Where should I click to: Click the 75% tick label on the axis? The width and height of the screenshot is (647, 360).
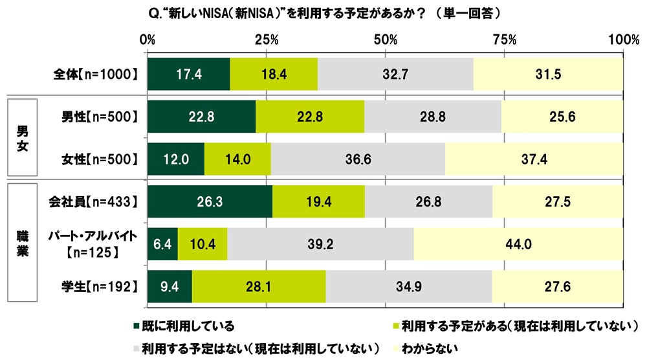point(505,40)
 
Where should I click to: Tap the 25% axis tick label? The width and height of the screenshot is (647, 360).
point(267,40)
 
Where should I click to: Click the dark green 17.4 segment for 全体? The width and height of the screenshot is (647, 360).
point(189,74)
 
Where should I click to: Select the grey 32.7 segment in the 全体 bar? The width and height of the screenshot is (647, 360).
point(395,74)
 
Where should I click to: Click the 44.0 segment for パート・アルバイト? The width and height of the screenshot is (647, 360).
point(518,243)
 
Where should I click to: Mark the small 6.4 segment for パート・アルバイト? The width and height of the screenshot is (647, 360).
point(162,243)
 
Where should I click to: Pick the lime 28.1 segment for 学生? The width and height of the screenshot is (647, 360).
point(259,285)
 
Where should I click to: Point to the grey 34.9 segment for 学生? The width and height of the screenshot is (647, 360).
point(408,285)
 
